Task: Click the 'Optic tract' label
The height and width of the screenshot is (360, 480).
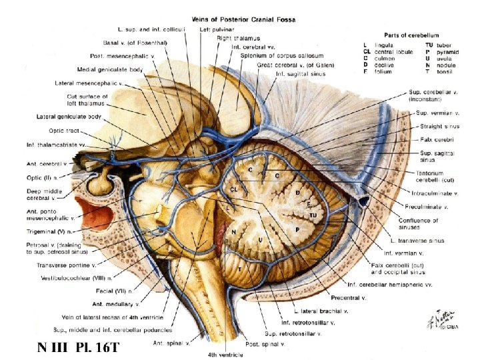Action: [x=66, y=131]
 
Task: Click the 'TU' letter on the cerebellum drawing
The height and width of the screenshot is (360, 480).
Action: [x=313, y=215]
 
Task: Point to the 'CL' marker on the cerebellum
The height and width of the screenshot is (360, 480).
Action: [x=235, y=189]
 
